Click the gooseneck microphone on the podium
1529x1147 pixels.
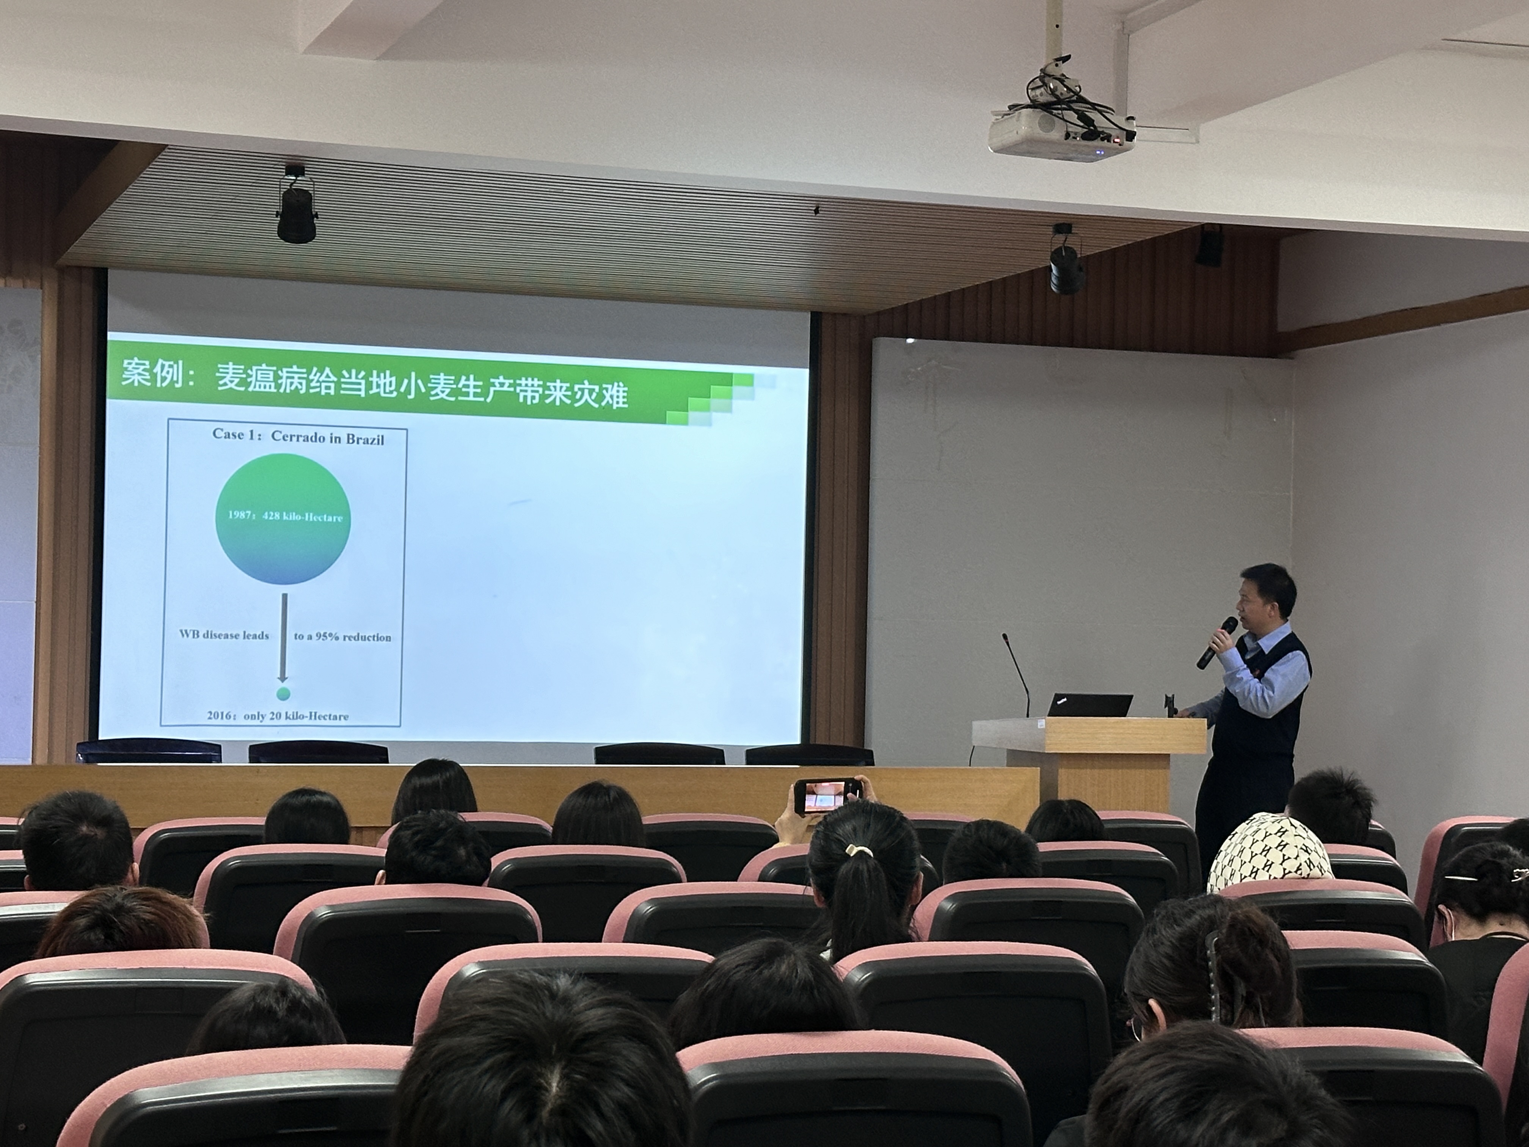point(1016,674)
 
